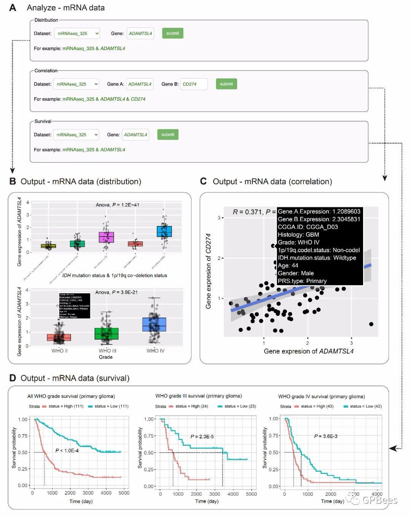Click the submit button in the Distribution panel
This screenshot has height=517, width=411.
(172, 33)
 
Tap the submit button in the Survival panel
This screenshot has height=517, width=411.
(167, 134)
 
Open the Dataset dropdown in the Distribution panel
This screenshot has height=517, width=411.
(77, 33)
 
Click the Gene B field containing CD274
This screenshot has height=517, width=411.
(194, 84)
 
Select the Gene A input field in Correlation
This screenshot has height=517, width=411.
(140, 84)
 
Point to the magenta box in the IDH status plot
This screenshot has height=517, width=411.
(106, 237)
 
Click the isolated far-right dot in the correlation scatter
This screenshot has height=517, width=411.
(371, 324)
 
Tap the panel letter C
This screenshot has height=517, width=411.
(203, 181)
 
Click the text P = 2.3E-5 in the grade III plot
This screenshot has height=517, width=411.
(202, 436)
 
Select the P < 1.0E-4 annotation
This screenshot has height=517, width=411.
(67, 450)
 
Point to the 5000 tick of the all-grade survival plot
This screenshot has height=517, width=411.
(124, 493)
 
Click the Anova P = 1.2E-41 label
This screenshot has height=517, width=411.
(117, 205)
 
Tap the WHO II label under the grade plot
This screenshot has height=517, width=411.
(59, 351)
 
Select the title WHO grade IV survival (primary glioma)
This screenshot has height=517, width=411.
(321, 396)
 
